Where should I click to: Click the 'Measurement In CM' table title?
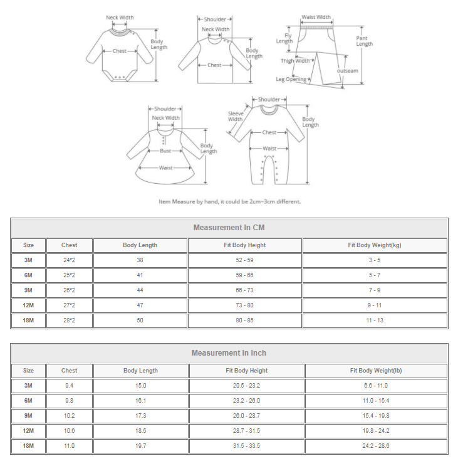[229, 228]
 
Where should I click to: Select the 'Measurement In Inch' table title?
[229, 353]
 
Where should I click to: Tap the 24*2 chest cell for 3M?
[69, 260]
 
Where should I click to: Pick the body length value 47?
[140, 305]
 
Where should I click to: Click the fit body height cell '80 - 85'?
[244, 320]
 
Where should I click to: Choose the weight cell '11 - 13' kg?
[374, 320]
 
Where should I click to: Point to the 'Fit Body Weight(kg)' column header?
[374, 245]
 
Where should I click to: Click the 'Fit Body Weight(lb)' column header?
[375, 371]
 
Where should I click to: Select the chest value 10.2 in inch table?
[69, 416]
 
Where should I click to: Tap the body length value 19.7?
[140, 446]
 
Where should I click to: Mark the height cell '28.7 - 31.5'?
[246, 431]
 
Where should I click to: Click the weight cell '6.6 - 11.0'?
[375, 386]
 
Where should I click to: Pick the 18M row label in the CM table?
[28, 320]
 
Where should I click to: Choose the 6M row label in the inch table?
[28, 401]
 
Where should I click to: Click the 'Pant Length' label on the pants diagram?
[364, 41]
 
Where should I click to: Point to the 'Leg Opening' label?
[291, 80]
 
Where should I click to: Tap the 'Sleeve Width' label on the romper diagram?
[235, 116]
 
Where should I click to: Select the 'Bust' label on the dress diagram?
[165, 151]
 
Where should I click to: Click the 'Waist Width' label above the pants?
[316, 18]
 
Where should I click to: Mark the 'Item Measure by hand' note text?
[229, 201]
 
